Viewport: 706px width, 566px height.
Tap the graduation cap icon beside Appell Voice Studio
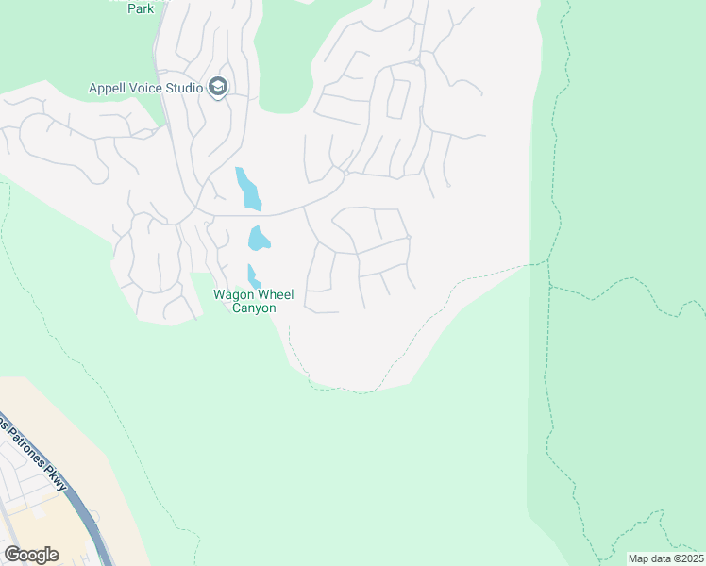click(x=219, y=88)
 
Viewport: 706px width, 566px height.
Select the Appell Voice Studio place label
click(x=146, y=89)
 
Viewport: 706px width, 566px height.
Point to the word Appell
click(x=108, y=89)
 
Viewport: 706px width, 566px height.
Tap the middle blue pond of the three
click(x=258, y=239)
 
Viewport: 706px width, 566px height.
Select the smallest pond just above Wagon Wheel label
click(x=252, y=277)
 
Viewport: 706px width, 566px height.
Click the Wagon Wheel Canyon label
click(x=254, y=301)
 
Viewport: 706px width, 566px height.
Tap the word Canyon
click(x=254, y=308)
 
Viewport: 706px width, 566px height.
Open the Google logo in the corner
click(x=31, y=554)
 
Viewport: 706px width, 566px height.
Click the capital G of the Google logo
click(x=11, y=554)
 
